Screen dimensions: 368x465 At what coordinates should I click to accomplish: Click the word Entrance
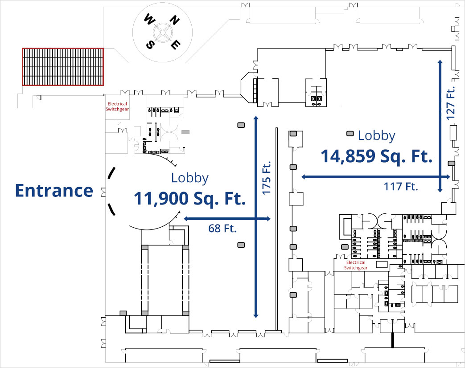[54, 191]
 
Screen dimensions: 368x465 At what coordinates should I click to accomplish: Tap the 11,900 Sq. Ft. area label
[190, 199]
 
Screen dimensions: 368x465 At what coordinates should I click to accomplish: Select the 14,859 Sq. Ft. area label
[377, 157]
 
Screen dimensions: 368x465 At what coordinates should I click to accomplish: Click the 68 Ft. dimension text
[222, 229]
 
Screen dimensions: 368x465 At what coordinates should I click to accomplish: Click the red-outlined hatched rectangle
[63, 66]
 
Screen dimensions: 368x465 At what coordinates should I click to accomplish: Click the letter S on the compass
[151, 45]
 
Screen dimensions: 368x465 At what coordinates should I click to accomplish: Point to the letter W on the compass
[149, 20]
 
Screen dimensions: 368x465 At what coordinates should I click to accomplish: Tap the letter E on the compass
[177, 44]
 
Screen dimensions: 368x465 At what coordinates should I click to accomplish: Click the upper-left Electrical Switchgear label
[116, 106]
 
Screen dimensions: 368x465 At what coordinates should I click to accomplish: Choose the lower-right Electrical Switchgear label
[356, 266]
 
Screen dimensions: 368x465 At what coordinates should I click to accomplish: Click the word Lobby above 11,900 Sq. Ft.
[190, 178]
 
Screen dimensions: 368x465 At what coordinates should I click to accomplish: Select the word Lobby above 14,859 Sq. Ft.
[377, 136]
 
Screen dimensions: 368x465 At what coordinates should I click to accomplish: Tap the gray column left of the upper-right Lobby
[350, 133]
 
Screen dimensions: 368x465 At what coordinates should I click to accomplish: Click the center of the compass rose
[163, 32]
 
